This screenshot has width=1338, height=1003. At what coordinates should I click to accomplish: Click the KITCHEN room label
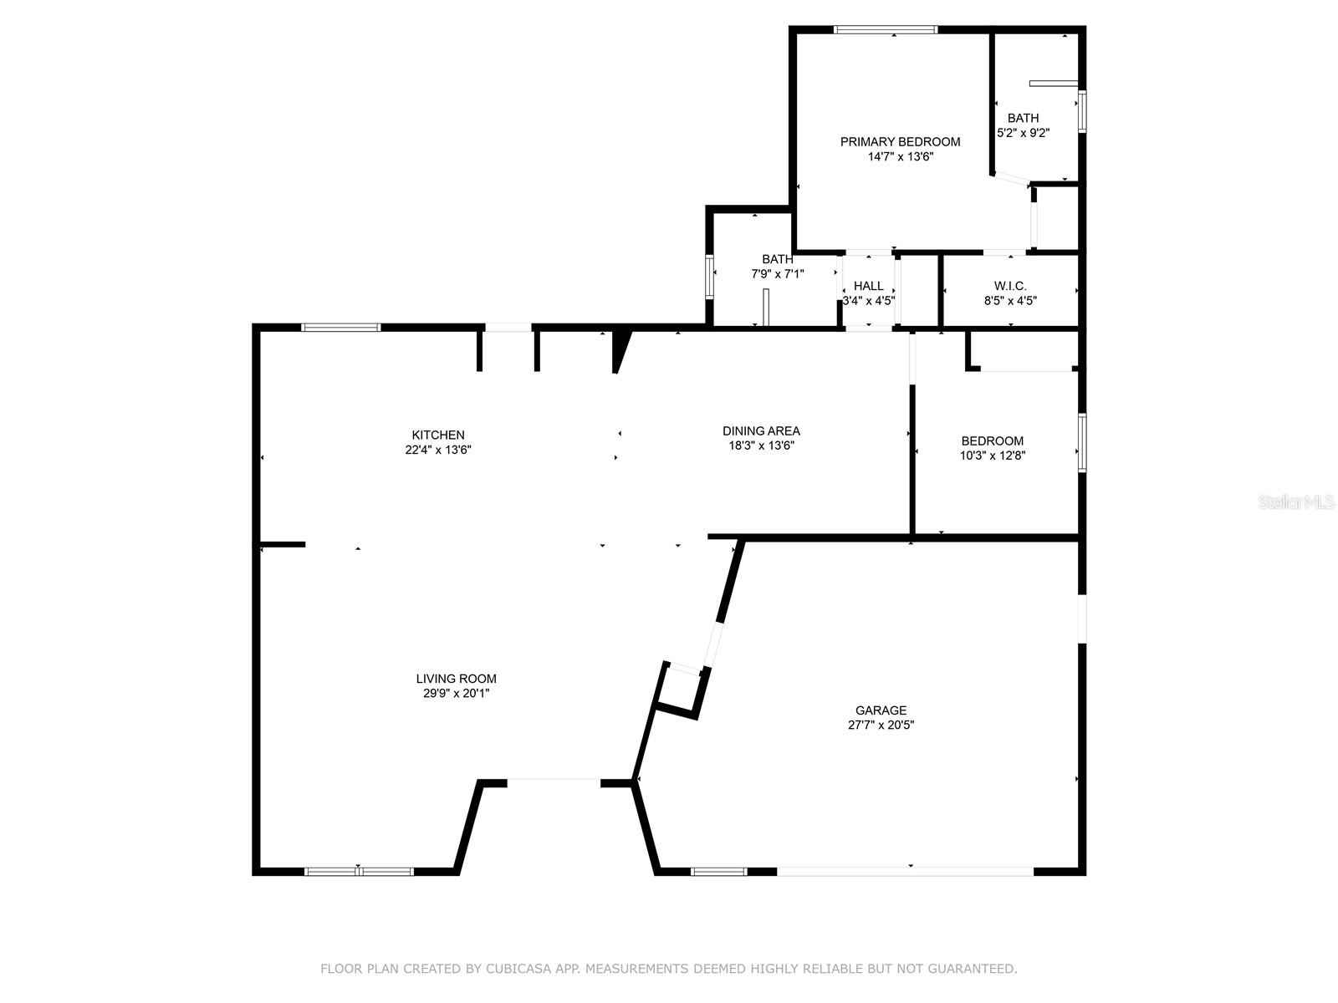437,435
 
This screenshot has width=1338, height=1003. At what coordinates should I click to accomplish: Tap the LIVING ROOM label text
456,679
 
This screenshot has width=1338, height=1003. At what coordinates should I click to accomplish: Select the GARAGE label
881,710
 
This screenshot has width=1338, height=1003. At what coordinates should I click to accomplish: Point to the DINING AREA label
761,430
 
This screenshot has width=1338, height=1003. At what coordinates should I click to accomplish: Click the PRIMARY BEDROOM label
900,142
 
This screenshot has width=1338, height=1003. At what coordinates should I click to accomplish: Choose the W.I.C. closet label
1010,286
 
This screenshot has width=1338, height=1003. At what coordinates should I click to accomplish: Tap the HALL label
868,286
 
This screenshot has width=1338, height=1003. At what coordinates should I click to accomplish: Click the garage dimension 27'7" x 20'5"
881,726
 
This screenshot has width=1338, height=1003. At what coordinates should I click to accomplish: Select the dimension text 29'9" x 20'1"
456,693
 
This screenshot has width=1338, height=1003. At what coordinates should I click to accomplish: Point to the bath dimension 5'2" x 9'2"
1023,133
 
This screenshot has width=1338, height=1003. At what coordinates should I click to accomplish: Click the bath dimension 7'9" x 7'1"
778,273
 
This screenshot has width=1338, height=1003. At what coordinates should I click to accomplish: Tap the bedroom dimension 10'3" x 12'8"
993,456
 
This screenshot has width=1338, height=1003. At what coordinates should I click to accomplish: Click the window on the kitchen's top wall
341,327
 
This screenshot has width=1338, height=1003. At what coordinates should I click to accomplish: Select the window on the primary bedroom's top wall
885,30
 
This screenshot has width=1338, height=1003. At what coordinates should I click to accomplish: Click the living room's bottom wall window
359,872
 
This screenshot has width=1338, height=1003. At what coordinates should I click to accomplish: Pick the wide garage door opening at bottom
905,871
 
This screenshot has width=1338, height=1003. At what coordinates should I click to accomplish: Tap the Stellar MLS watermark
1296,502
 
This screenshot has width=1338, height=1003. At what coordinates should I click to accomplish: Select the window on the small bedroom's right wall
1081,442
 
